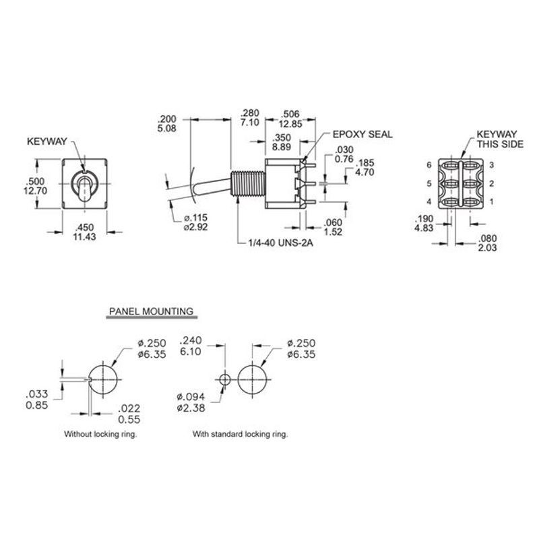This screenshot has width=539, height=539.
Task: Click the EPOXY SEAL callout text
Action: pos(362,134)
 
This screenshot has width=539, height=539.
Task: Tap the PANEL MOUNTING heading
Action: pos(151,311)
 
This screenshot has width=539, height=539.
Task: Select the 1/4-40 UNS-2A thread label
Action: pos(281,243)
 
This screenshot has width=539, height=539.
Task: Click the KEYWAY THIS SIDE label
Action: pos(500,139)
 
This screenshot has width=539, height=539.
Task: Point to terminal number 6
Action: pos(429,165)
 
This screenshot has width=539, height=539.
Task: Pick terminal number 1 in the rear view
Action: pos(492,201)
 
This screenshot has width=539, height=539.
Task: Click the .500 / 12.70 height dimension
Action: pos(35,186)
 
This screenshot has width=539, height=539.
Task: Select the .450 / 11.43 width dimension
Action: pos(85,232)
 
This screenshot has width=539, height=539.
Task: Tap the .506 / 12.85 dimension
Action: pos(290,119)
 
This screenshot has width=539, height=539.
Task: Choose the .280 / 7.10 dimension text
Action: pos(250,117)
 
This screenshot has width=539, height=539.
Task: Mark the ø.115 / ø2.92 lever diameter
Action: pos(195,222)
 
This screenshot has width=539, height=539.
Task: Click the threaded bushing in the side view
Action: pos(248,184)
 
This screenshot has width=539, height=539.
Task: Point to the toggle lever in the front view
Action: pos(84,189)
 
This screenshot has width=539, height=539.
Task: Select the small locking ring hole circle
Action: pos(224,380)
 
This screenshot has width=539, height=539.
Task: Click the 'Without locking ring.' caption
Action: pos(100,434)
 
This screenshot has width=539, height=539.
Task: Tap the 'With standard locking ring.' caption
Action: pos(240,434)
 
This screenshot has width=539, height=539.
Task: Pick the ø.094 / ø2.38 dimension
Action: pos(191,402)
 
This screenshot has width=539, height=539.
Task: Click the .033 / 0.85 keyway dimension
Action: pos(37,400)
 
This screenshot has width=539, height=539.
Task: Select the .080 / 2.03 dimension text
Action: pos(487,243)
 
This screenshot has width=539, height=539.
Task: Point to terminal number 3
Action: pos(492,165)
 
